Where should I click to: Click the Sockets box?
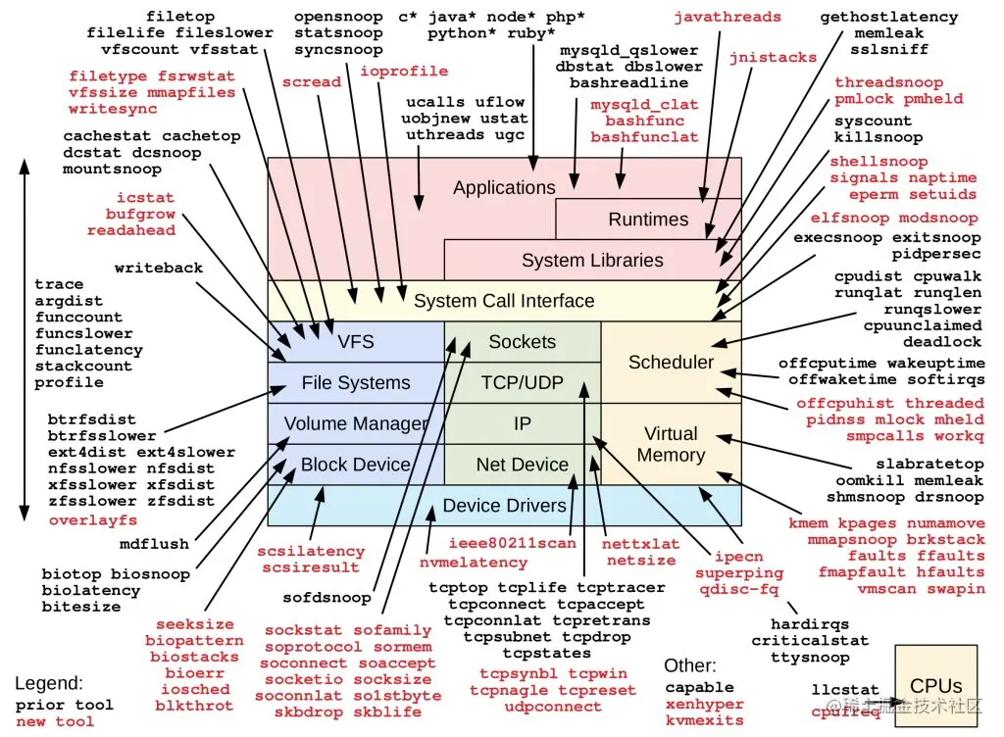tap(522, 342)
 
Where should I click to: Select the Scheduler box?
tap(671, 362)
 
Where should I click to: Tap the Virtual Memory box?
tap(671, 444)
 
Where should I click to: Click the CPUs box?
tap(935, 686)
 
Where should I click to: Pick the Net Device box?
tap(522, 465)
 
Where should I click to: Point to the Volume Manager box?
tap(356, 423)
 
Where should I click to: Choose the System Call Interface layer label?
tap(504, 301)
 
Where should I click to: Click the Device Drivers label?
tap(504, 506)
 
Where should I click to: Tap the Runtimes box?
tap(648, 220)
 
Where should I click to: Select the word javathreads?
tap(728, 17)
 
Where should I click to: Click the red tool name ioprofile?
tap(404, 72)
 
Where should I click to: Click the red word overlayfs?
tap(93, 520)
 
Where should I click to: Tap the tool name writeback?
tap(158, 268)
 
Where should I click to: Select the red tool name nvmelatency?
tap(473, 563)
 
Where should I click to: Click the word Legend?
tap(49, 683)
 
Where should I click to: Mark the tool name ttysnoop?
tap(809, 658)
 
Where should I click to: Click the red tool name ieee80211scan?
tap(513, 543)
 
